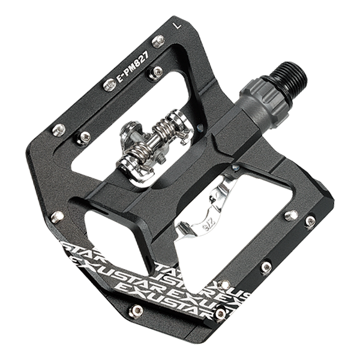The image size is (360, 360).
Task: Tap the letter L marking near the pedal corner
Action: point(175,26)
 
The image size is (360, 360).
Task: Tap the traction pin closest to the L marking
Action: point(158,41)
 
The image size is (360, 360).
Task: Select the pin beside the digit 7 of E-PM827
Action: point(155,72)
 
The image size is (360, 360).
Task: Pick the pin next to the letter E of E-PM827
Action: point(109,85)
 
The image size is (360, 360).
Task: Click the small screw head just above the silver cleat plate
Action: point(238,168)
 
